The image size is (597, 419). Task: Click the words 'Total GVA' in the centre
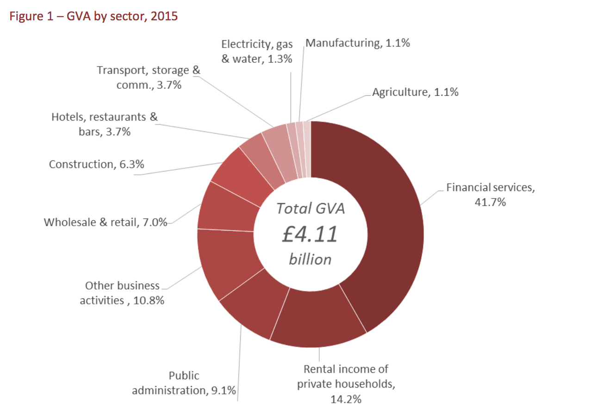[x=311, y=209]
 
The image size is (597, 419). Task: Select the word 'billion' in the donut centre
[x=310, y=259]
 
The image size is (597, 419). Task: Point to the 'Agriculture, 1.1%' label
[x=415, y=92]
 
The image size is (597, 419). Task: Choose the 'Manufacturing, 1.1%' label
[x=358, y=43]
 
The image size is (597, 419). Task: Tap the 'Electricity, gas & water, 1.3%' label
[x=257, y=51]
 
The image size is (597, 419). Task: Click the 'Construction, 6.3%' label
[x=96, y=164]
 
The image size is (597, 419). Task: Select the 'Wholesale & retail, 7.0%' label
[x=105, y=222]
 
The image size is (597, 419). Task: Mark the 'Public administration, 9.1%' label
[x=184, y=383]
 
